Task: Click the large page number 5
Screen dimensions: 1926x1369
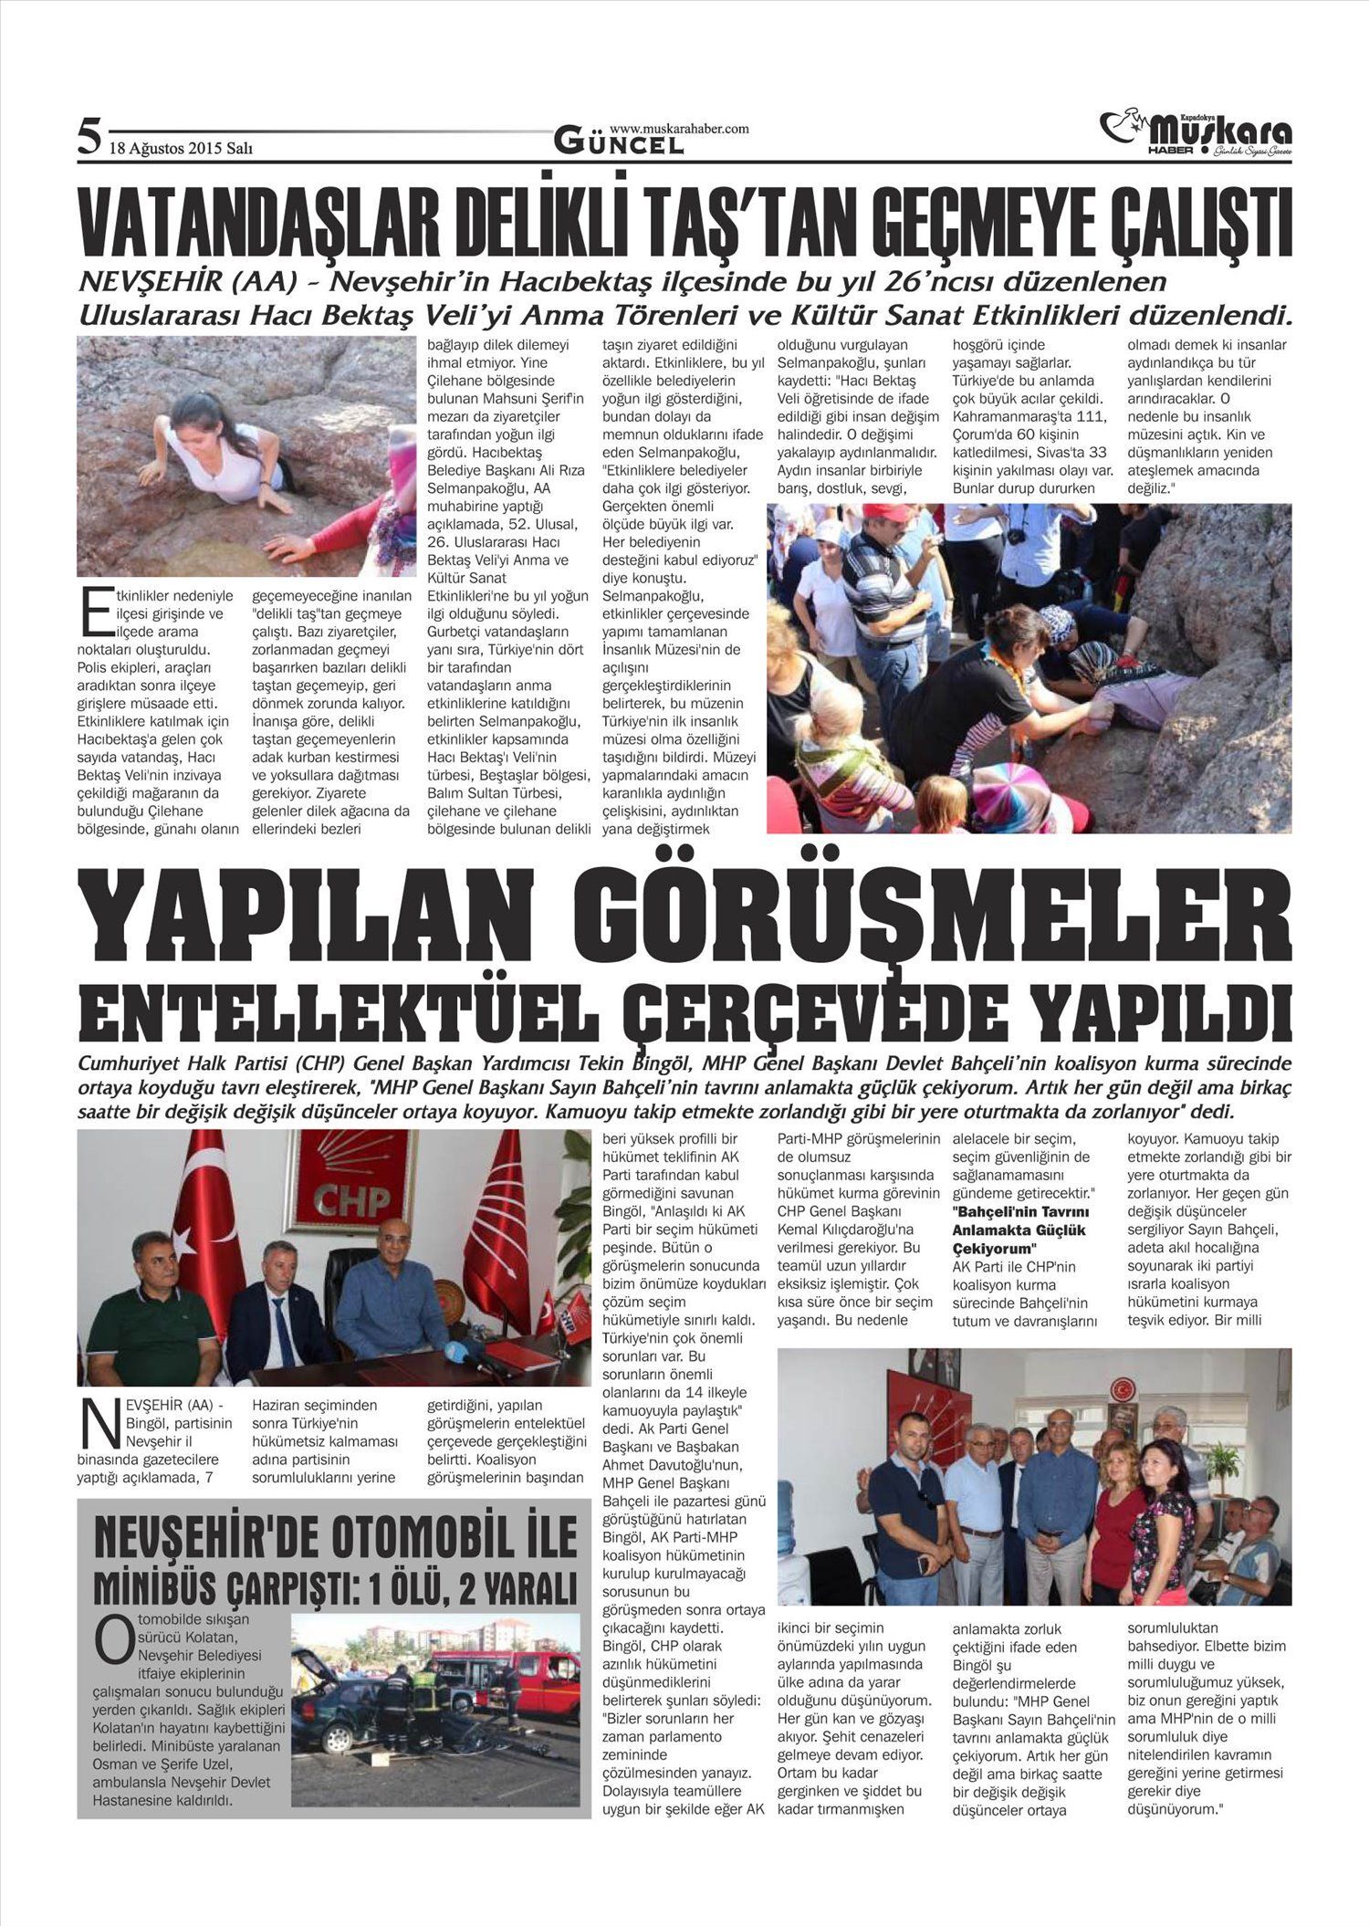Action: [x=88, y=138]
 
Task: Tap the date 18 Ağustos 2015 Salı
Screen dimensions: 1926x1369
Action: [x=181, y=147]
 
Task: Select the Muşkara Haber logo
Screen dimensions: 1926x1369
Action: [x=1196, y=133]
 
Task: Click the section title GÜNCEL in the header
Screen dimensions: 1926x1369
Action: [x=618, y=143]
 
